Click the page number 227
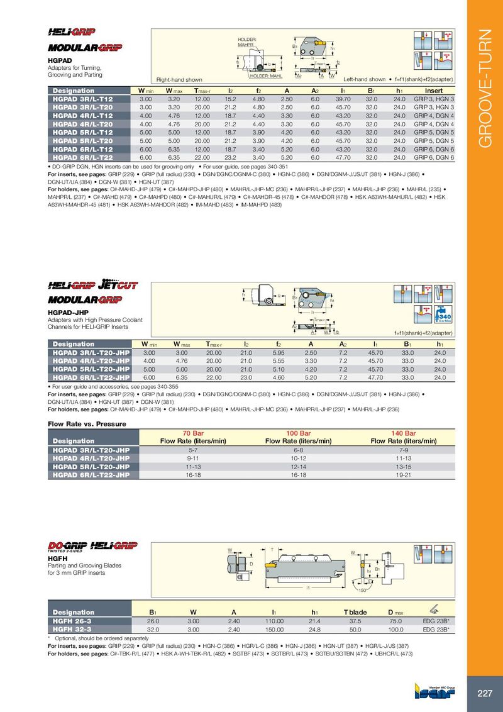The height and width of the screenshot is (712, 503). pos(484,694)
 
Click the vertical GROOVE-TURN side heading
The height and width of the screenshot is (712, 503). pos(485,89)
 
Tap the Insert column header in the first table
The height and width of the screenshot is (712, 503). pos(434,91)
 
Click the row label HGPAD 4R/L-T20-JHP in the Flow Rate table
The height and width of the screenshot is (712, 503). pos(91,459)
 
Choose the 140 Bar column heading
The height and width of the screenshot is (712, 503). pos(404,433)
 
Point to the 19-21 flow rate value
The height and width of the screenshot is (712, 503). pos(404,476)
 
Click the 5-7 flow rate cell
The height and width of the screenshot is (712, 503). pos(193,450)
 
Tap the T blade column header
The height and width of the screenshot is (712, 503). pos(355,612)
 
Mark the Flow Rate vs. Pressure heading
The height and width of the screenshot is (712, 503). pos(87,424)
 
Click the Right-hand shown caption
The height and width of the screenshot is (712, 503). pos(179,80)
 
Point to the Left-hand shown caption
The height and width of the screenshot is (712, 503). pos(365,80)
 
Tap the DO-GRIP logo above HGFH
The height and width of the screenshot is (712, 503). pos(68,545)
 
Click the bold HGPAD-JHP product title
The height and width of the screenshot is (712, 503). pos(69,312)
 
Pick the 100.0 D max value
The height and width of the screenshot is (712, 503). pos(395,629)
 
